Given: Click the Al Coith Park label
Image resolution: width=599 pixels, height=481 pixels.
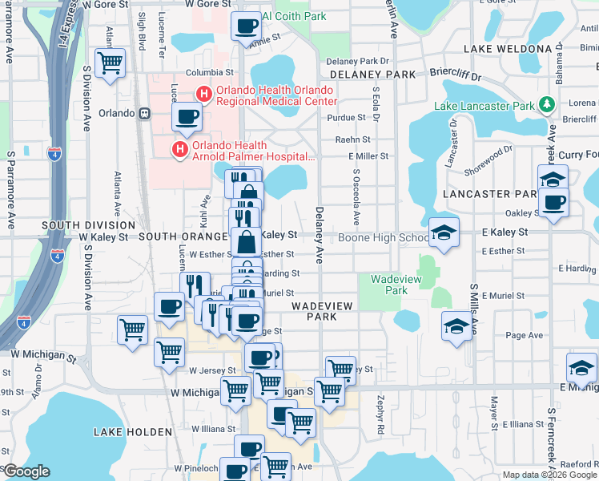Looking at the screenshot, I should [294, 15].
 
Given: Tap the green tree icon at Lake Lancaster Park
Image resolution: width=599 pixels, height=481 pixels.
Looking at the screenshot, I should [547, 105].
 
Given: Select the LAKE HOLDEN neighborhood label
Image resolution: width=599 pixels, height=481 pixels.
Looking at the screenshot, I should [132, 432].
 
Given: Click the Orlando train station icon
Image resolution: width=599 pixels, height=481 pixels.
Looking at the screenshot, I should [145, 113].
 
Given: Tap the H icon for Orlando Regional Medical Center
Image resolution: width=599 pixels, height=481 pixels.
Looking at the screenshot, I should [203, 95].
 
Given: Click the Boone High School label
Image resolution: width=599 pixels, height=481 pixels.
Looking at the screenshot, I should [383, 237].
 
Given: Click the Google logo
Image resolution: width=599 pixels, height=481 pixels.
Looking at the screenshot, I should [26, 471].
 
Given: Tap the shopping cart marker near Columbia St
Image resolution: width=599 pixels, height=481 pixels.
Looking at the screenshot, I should [110, 63].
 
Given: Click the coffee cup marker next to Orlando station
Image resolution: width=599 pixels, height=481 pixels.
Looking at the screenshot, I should [187, 117].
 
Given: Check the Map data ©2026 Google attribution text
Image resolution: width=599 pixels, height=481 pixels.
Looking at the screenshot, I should [549, 475].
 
